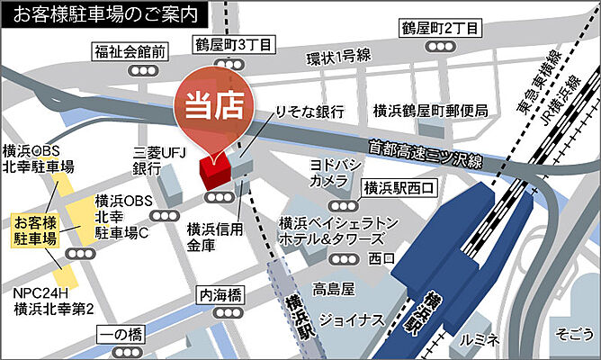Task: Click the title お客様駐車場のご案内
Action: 103,13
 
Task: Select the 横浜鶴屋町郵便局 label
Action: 431,111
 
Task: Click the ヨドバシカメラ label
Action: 330,173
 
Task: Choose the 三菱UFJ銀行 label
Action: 147,161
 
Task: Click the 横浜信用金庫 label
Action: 214,236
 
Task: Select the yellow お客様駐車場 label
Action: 34,230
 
